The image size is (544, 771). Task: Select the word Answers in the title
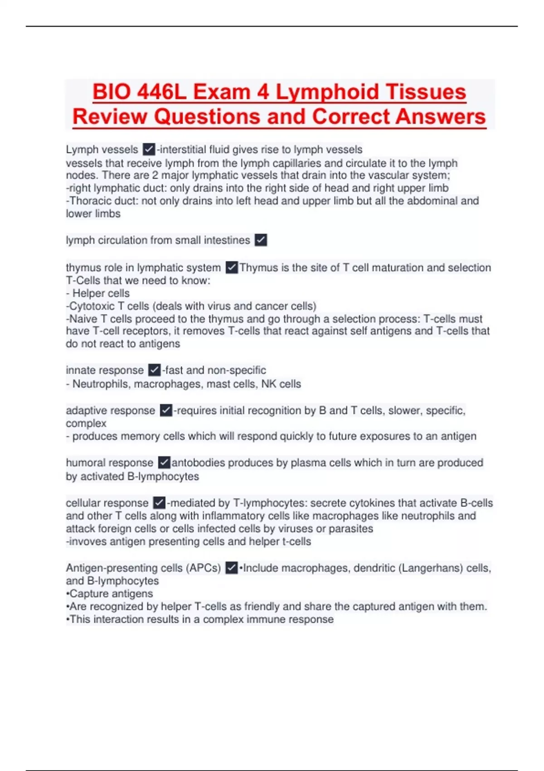point(440,117)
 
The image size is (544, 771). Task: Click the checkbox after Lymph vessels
point(149,149)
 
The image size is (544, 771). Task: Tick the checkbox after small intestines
point(261,240)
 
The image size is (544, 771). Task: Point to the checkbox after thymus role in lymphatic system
point(232,268)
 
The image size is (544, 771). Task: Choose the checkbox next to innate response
point(154,370)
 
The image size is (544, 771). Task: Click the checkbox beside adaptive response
point(166,410)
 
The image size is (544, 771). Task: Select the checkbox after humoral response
point(164,463)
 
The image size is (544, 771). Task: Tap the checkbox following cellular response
point(159,503)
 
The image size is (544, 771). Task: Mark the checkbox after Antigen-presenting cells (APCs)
point(231,568)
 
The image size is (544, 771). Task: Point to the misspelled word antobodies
point(198,463)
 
